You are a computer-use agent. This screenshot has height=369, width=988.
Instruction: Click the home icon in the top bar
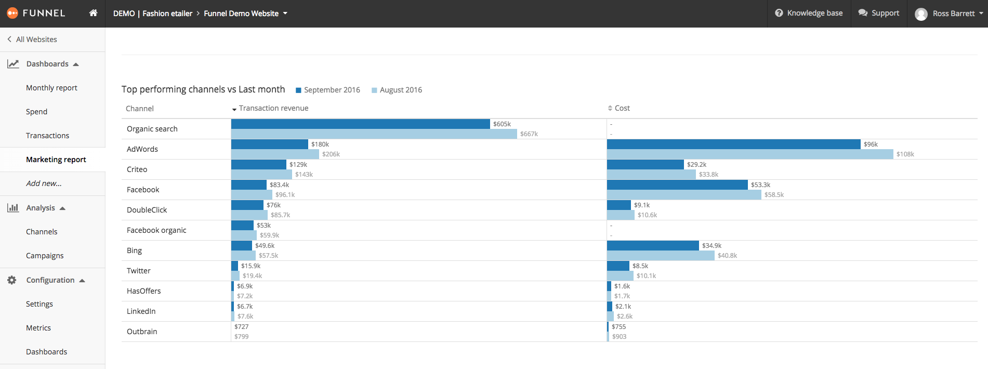93,13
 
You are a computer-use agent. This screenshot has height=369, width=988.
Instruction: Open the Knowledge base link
809,13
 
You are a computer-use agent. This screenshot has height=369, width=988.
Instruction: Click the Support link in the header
879,13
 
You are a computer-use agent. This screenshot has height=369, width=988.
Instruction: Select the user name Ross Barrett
953,14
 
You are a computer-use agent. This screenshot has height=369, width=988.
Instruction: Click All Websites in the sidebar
36,39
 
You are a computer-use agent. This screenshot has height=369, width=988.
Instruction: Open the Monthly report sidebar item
51,88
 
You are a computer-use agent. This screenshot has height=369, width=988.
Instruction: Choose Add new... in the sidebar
44,183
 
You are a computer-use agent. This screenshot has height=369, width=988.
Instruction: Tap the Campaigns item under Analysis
45,256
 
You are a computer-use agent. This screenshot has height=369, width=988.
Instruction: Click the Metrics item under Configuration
38,328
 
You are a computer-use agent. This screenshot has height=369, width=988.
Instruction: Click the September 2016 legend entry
332,90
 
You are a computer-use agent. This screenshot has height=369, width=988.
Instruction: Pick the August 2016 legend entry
401,90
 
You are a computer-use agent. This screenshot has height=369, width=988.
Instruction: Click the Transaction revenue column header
273,108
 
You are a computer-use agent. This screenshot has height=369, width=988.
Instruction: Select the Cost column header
622,108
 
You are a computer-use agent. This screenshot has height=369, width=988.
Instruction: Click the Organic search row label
152,129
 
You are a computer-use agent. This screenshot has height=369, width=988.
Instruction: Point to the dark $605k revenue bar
360,124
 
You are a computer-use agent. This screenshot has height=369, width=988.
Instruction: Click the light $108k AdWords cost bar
749,154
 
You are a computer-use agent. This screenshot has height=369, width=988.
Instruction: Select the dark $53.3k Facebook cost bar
677,184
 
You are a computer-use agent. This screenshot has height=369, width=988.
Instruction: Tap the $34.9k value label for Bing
712,246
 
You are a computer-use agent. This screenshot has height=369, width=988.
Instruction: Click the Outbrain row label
142,332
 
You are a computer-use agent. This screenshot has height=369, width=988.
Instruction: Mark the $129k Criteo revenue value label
298,165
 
